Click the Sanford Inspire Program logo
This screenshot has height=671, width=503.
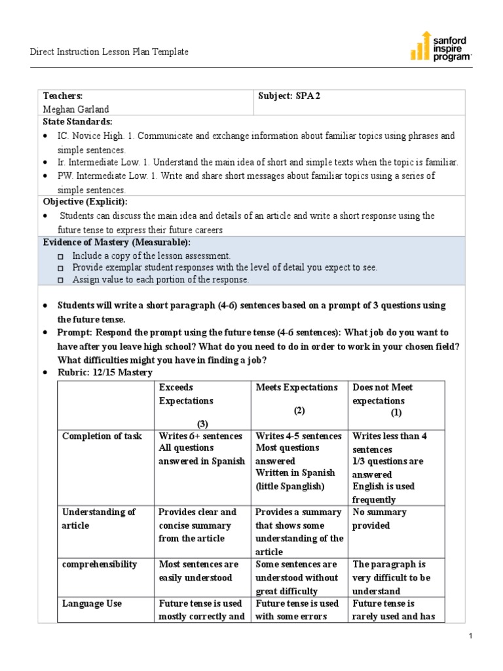click(440, 47)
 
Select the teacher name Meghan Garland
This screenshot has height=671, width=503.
click(76, 109)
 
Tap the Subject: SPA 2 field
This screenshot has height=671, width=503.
click(289, 96)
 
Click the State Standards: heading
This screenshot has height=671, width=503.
click(77, 122)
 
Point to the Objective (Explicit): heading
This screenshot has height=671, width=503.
click(85, 201)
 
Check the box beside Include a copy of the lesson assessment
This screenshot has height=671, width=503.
click(61, 256)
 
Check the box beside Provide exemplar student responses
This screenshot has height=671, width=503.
click(61, 268)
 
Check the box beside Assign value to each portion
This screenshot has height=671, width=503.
click(61, 280)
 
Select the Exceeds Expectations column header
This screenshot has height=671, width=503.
click(186, 394)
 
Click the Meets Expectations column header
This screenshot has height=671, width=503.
click(297, 387)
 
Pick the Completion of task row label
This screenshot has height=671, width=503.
click(102, 436)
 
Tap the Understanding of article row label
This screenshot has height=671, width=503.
click(98, 518)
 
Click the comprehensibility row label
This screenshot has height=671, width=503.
click(99, 564)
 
